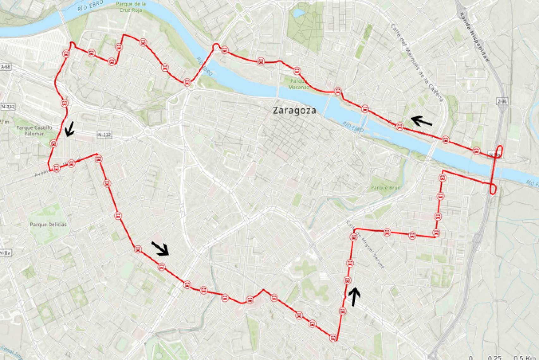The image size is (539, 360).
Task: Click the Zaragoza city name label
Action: (294, 111)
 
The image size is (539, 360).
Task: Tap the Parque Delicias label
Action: (48, 225)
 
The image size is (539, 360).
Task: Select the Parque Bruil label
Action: (385, 188)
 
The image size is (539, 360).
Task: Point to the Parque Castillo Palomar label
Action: (34, 130)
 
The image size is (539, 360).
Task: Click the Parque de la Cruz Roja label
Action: (130, 7)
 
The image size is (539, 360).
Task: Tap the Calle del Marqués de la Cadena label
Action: (417, 62)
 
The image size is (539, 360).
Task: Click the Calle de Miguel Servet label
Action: (365, 245)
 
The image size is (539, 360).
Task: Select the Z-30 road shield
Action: (502, 101)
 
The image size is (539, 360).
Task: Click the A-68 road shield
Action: (5, 67)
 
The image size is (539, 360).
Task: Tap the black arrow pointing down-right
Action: (160, 248)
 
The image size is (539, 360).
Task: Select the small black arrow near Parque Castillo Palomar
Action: (70, 129)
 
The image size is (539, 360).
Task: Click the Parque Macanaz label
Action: (298, 84)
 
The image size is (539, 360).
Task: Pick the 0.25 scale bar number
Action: (494, 357)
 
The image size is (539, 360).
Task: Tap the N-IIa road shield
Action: (5, 253)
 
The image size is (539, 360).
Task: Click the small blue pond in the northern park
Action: (297, 13)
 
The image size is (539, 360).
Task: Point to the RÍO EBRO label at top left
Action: (91, 6)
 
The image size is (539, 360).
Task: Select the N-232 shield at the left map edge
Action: (8, 107)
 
